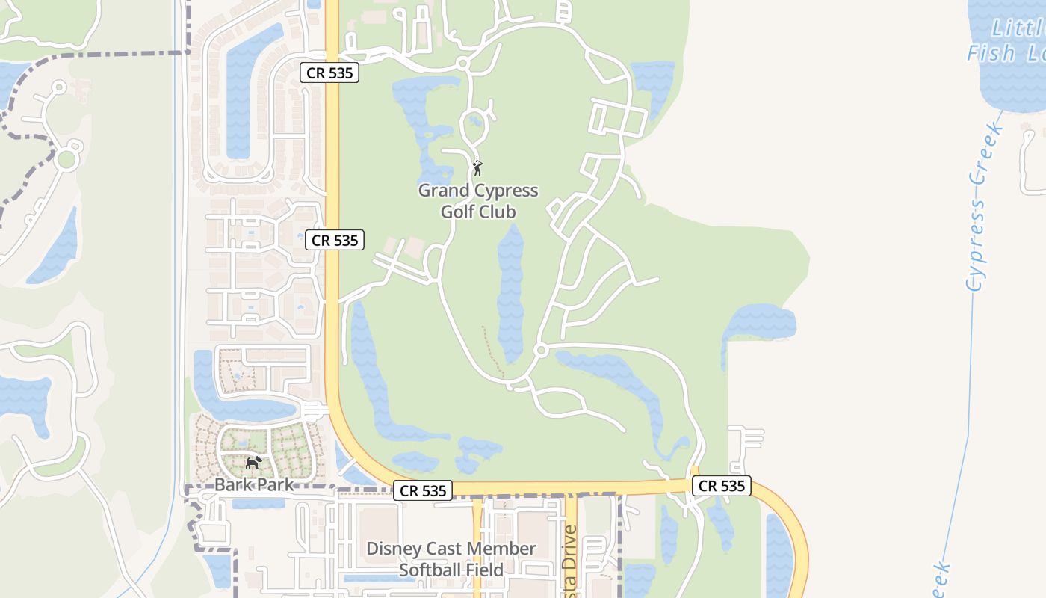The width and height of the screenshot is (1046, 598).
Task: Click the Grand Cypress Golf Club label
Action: (x=478, y=201)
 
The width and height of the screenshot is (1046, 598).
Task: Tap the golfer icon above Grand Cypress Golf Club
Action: (x=477, y=168)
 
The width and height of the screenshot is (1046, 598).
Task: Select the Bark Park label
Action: (x=255, y=485)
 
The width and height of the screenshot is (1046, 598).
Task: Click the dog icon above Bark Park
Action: (x=254, y=463)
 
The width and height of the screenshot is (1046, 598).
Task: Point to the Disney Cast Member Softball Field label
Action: (x=451, y=559)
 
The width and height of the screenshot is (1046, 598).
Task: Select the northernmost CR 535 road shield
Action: (x=330, y=73)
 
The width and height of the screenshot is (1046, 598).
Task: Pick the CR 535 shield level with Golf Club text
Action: (x=335, y=240)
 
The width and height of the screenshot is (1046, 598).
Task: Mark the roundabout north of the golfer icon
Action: (x=463, y=64)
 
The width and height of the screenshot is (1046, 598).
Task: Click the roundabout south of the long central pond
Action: (x=541, y=350)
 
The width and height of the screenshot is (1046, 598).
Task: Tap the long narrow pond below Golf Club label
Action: (x=511, y=292)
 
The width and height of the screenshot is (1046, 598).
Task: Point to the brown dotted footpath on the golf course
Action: (x=493, y=351)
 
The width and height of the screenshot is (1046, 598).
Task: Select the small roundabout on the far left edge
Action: (x=66, y=159)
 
